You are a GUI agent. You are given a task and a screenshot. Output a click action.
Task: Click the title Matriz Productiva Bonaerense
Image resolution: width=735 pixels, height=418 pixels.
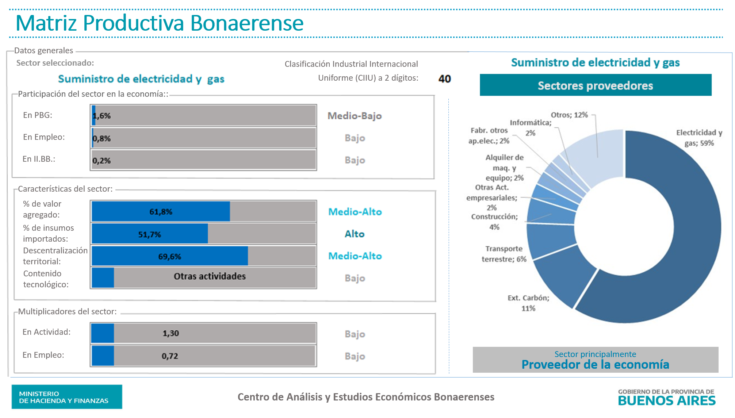[160, 23]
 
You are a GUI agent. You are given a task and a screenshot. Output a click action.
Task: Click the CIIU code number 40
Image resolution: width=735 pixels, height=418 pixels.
[444, 79]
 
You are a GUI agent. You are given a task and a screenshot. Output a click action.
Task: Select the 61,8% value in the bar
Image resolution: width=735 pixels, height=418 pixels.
[161, 212]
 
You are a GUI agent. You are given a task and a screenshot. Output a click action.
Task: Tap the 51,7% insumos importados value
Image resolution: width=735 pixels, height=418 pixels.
[149, 234]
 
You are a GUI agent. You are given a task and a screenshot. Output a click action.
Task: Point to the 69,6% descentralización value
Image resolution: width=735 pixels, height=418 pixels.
[169, 257]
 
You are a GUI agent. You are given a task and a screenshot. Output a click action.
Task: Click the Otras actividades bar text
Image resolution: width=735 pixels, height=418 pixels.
[210, 276]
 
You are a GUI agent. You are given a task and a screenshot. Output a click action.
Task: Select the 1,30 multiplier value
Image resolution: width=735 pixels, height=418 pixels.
[171, 333]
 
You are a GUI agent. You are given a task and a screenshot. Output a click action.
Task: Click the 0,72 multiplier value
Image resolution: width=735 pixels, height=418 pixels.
[170, 356]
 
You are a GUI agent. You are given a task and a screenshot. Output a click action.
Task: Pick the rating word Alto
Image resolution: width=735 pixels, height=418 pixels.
[355, 234]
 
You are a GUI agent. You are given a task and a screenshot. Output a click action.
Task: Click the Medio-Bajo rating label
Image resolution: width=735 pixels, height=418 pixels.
[355, 116]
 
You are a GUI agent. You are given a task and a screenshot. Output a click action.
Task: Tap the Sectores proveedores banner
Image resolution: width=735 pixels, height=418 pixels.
[595, 85]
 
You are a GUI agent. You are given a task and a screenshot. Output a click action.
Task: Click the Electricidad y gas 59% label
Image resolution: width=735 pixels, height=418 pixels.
[699, 138]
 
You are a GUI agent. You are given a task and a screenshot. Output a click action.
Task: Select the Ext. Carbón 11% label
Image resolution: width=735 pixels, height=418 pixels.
[528, 303]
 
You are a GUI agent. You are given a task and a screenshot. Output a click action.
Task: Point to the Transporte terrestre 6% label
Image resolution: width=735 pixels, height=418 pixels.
[504, 254]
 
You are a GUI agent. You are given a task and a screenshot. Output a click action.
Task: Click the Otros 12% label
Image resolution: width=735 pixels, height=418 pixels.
[569, 115]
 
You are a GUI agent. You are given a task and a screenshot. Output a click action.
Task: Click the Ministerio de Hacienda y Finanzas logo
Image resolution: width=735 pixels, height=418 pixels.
[67, 397]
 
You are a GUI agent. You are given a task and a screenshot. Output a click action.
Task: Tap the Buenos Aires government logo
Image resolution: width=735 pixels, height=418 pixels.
[666, 397]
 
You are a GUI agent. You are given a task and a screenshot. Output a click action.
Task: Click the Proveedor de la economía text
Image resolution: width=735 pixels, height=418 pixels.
[595, 364]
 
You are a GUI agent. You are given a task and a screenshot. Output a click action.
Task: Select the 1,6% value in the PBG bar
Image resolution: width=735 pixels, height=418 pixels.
[102, 116]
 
